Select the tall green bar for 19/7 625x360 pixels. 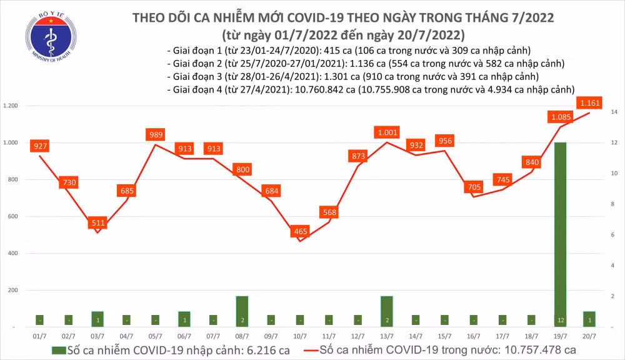point(560,234)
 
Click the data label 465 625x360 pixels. point(300,232)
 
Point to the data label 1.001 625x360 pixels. point(387,132)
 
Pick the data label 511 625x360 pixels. point(98,222)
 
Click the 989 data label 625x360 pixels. point(156,134)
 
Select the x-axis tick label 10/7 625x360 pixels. point(300,336)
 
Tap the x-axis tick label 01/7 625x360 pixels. point(40,336)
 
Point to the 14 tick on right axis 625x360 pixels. point(614,112)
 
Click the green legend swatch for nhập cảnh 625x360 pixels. point(59,350)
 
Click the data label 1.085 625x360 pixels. point(560,116)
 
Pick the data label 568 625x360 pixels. point(329,212)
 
